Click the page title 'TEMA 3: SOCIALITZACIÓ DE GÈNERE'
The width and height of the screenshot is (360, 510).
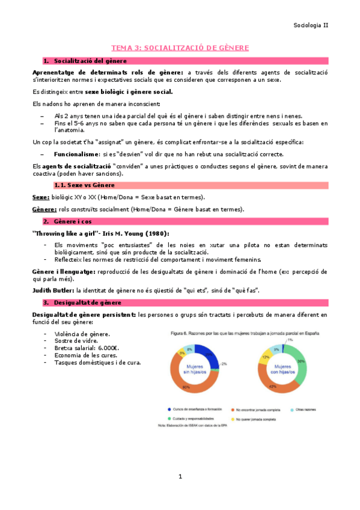coord(180,48)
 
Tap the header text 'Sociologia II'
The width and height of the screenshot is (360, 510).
coord(311,25)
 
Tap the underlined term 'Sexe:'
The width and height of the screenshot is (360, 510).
coord(41,197)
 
